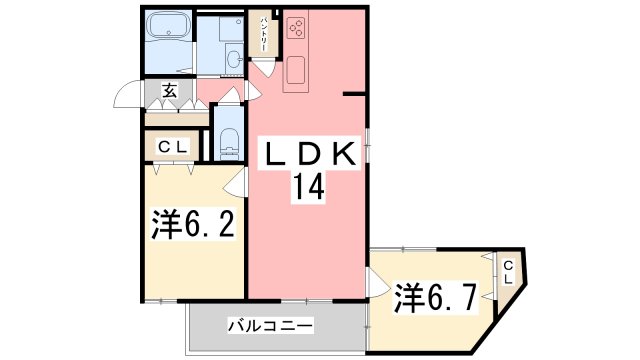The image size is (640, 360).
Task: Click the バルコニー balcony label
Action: click(x=271, y=326)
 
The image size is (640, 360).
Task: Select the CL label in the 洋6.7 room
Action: click(x=508, y=271)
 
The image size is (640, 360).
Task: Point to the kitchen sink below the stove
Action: click(x=297, y=70)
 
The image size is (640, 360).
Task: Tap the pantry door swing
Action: click(x=262, y=68)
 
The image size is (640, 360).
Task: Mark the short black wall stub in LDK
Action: click(x=355, y=94)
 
